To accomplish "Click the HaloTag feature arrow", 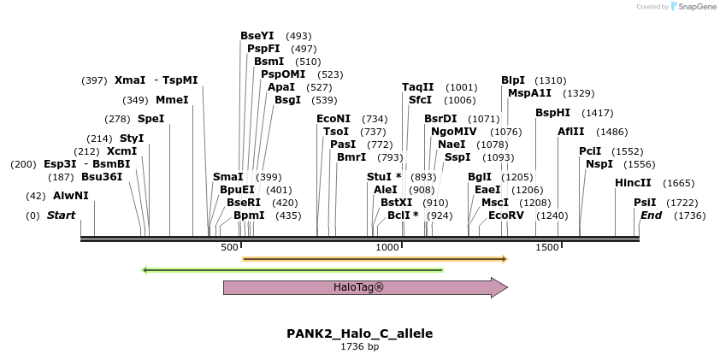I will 359,287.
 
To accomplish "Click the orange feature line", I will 375,257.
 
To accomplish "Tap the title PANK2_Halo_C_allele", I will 359,333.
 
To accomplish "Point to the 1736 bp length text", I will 359,347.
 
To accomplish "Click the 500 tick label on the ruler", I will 229,247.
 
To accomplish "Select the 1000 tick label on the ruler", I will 388,247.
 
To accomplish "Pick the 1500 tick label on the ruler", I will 546,247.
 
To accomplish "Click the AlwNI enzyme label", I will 71,196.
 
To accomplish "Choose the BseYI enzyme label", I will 257,36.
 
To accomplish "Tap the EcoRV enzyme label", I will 506,215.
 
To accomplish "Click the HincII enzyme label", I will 633,183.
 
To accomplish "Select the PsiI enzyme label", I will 645,203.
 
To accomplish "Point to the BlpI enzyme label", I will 513,80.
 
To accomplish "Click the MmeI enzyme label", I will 172,100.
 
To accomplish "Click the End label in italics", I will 651,215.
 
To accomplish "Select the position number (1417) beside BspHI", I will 597,113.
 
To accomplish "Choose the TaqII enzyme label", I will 418,87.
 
